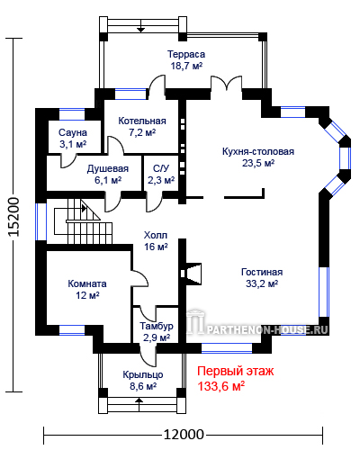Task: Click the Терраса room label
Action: (x=186, y=54)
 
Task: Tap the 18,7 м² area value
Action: (x=186, y=66)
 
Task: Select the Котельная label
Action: (x=142, y=121)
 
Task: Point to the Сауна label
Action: (x=73, y=132)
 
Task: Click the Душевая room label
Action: (x=108, y=169)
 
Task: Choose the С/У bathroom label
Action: (x=161, y=168)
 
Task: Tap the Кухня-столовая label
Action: (x=258, y=151)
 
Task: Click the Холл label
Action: (x=156, y=235)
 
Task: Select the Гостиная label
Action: (x=262, y=272)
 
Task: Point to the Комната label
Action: (x=87, y=283)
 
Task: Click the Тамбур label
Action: (x=157, y=326)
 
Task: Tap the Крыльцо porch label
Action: (x=143, y=374)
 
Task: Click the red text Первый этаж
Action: (x=235, y=372)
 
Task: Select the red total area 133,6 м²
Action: (x=220, y=386)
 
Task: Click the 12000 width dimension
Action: (x=184, y=434)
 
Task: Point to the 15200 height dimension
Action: (x=13, y=217)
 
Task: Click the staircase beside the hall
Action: (x=83, y=222)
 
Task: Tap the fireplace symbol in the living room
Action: (x=191, y=274)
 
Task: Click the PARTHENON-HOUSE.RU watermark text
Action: (x=267, y=330)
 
